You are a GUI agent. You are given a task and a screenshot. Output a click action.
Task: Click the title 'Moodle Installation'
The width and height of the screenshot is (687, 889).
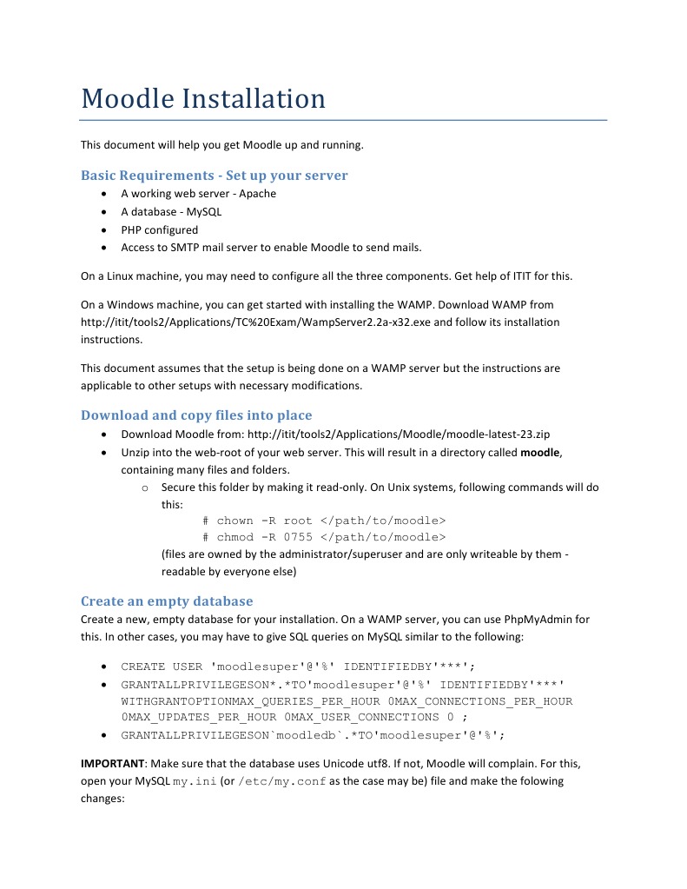click(203, 98)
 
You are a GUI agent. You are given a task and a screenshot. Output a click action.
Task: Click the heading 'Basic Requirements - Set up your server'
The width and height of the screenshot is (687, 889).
click(214, 175)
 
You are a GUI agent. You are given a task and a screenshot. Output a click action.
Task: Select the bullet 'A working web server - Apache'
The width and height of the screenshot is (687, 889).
click(198, 194)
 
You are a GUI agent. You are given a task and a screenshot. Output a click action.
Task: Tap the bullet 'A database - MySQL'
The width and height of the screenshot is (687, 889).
click(171, 212)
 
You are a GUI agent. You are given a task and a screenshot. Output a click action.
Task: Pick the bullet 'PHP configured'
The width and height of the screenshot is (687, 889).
click(159, 230)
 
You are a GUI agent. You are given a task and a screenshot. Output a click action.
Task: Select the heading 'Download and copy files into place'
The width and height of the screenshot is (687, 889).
click(196, 415)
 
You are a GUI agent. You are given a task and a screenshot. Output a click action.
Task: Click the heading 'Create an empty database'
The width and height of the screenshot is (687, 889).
click(167, 600)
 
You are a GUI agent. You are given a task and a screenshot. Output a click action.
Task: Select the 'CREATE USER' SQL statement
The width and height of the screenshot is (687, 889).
click(298, 667)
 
